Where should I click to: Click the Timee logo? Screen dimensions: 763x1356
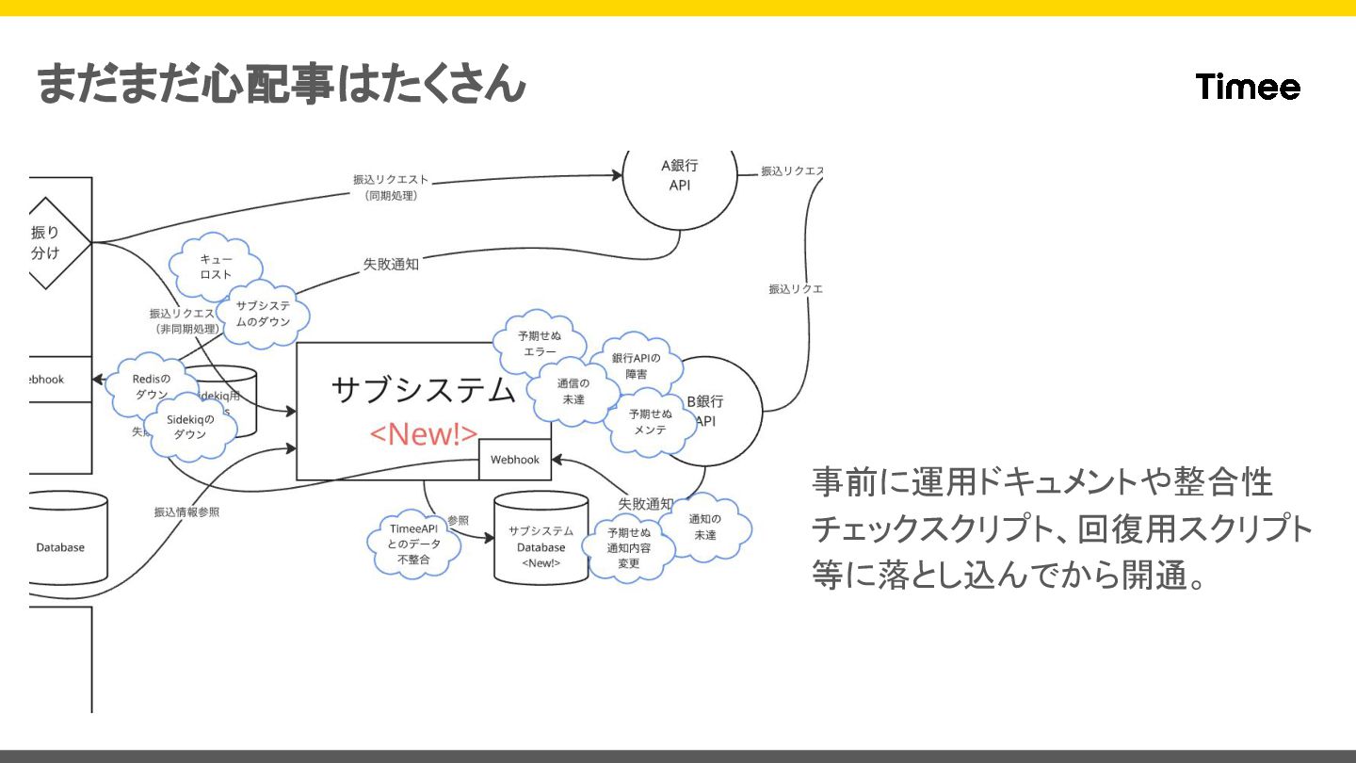point(1248,88)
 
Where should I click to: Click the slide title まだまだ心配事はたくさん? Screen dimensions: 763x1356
point(281,85)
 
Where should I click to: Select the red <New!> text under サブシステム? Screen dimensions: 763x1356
point(423,433)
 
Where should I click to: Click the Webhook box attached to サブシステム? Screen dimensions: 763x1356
point(515,460)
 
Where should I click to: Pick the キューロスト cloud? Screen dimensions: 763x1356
point(216,265)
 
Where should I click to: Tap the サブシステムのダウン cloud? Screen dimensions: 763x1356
point(263,314)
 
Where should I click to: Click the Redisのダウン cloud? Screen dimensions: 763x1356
point(151,386)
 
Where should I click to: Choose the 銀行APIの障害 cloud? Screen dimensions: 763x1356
point(636,365)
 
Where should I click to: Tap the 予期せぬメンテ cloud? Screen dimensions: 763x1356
point(651,421)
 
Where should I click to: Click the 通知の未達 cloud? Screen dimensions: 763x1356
point(704,527)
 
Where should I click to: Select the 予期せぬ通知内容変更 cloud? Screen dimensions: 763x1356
point(629,547)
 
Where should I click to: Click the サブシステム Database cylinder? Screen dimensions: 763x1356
point(541,540)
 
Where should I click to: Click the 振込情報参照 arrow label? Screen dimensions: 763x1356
point(186,512)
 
